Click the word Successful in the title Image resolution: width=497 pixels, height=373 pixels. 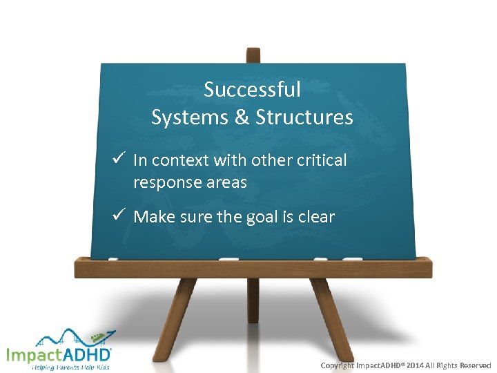pyautogui.click(x=252, y=89)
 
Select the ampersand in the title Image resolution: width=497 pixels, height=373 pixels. pyautogui.click(x=242, y=117)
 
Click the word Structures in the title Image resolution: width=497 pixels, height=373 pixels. pyautogui.click(x=304, y=117)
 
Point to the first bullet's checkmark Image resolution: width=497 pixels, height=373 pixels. pyautogui.click(x=117, y=160)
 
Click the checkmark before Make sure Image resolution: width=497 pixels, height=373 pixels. pyautogui.click(x=117, y=216)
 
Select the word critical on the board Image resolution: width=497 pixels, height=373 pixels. pyautogui.click(x=320, y=160)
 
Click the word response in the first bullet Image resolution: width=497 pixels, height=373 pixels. pyautogui.click(x=163, y=183)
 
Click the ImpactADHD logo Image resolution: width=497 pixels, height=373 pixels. pyautogui.click(x=59, y=354)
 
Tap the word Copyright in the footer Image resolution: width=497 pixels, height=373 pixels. pyautogui.click(x=338, y=365)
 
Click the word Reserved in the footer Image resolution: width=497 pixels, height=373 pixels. pyautogui.click(x=475, y=365)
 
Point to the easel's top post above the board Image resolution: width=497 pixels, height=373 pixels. pyautogui.click(x=253, y=55)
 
